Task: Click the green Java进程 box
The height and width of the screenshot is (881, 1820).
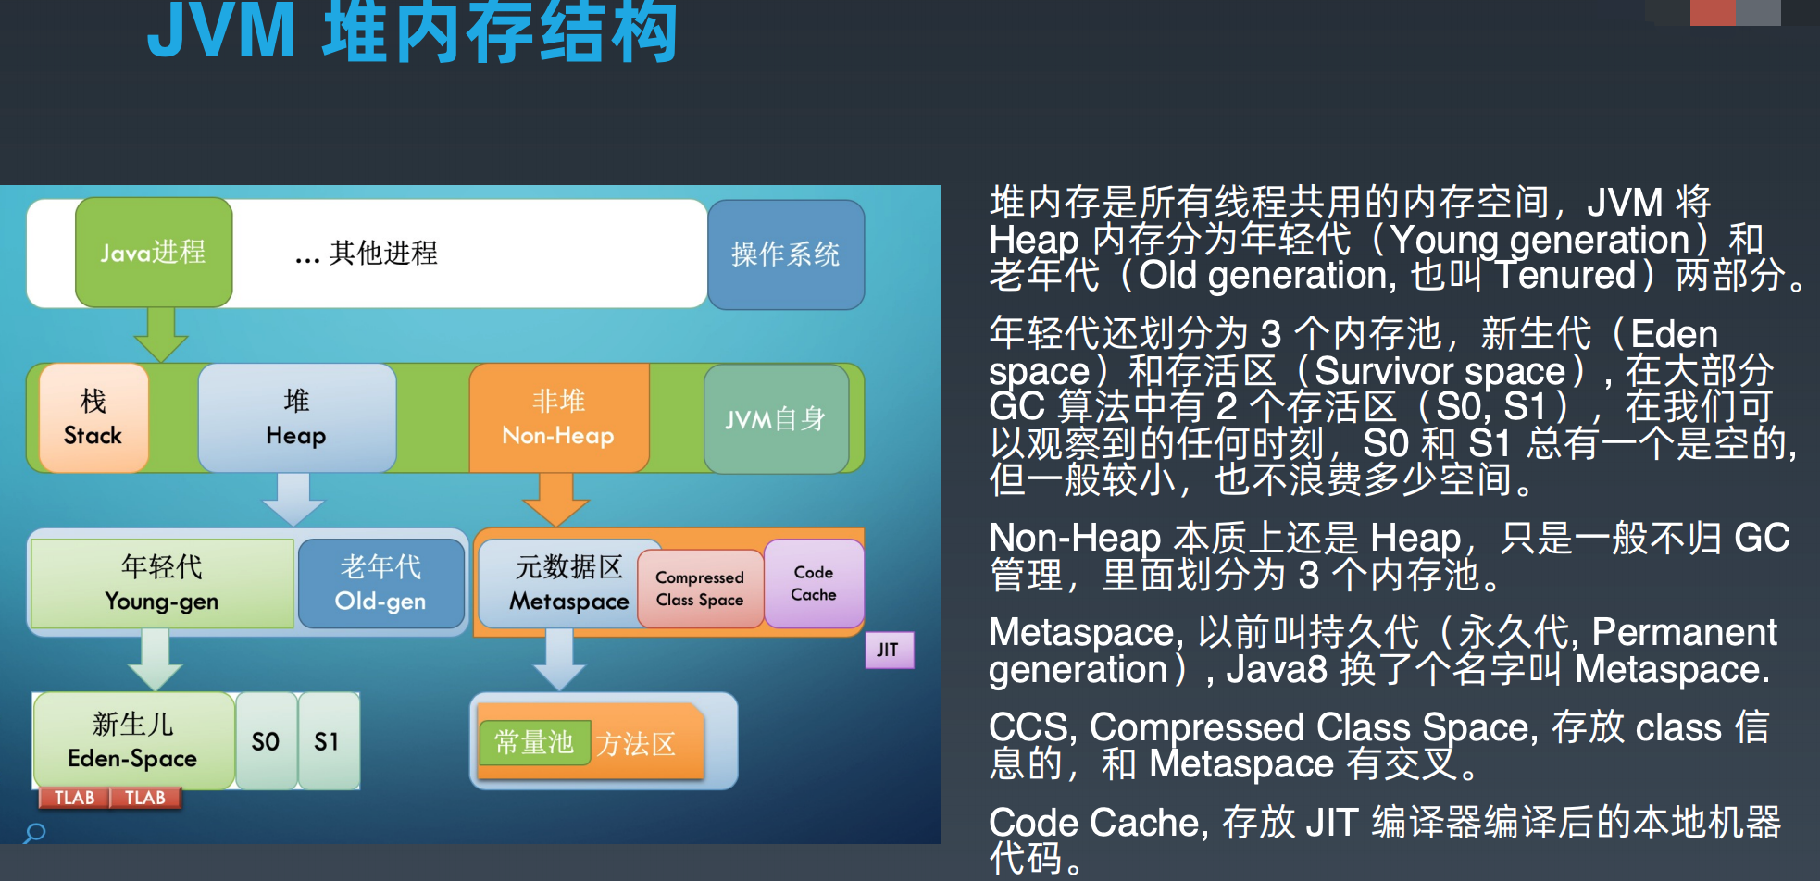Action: click(x=154, y=252)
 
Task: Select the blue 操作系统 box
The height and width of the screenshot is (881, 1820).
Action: click(x=786, y=254)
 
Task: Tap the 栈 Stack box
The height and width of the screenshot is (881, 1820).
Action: click(x=93, y=417)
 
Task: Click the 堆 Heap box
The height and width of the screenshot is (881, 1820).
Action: click(x=296, y=417)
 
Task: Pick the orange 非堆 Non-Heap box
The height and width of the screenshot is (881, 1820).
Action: click(x=558, y=417)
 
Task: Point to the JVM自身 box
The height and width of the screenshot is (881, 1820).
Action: click(x=776, y=419)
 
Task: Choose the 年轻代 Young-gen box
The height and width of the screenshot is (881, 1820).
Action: click(x=162, y=583)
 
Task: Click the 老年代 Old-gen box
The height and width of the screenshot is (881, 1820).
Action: click(x=380, y=583)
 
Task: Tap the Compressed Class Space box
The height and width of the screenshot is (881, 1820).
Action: click(x=700, y=589)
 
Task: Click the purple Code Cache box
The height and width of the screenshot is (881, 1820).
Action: click(x=814, y=583)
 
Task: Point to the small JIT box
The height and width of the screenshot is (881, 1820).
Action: click(x=888, y=650)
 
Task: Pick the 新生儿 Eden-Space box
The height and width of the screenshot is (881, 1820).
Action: click(x=132, y=740)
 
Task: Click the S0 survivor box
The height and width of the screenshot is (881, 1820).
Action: click(x=266, y=741)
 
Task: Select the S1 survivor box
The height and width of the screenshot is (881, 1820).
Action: click(x=327, y=741)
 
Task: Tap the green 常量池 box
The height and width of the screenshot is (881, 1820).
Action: click(x=534, y=742)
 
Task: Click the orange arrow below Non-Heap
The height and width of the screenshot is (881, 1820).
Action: click(x=555, y=500)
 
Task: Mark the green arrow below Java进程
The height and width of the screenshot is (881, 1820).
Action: click(x=161, y=334)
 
